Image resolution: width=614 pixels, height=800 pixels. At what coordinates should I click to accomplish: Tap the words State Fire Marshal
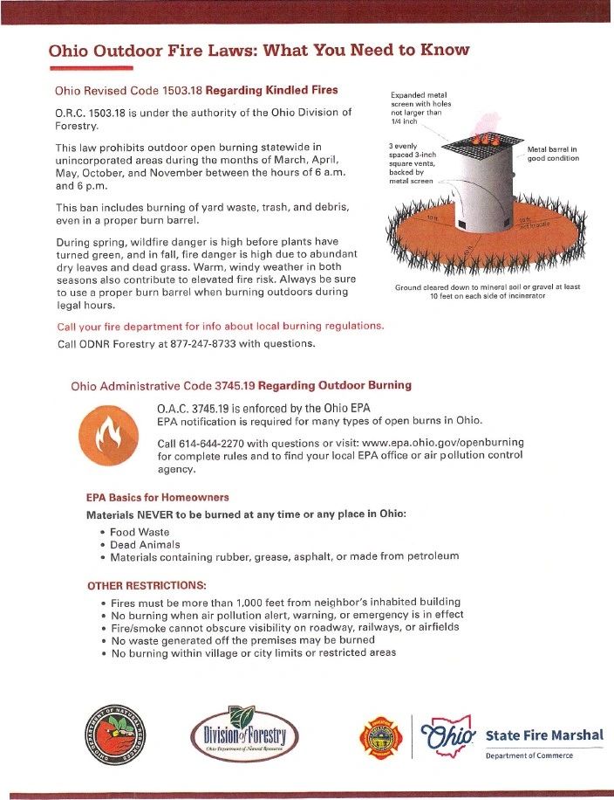tap(543, 734)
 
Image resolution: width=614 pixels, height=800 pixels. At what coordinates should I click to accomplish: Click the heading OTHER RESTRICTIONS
tap(147, 584)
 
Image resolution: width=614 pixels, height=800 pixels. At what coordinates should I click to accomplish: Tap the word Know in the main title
tap(446, 49)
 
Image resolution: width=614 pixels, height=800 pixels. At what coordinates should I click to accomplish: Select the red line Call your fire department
tap(219, 326)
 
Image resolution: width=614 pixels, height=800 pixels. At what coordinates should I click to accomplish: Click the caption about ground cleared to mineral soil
tap(487, 292)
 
